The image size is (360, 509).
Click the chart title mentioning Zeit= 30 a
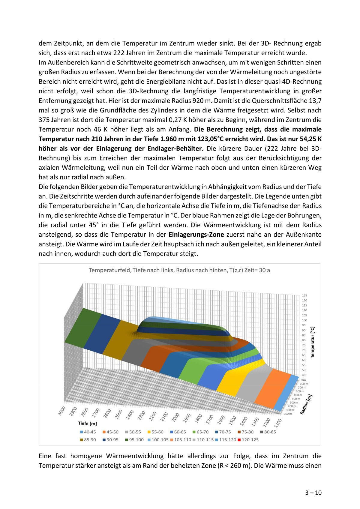(179, 270)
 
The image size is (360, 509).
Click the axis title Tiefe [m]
(87, 423)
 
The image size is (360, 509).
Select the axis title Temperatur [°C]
(313, 342)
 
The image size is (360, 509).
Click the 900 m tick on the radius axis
(287, 414)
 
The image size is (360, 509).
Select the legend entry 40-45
(88, 432)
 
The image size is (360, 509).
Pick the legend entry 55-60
(155, 432)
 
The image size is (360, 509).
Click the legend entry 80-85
(268, 432)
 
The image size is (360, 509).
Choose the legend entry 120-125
(248, 440)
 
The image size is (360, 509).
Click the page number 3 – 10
(313, 493)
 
